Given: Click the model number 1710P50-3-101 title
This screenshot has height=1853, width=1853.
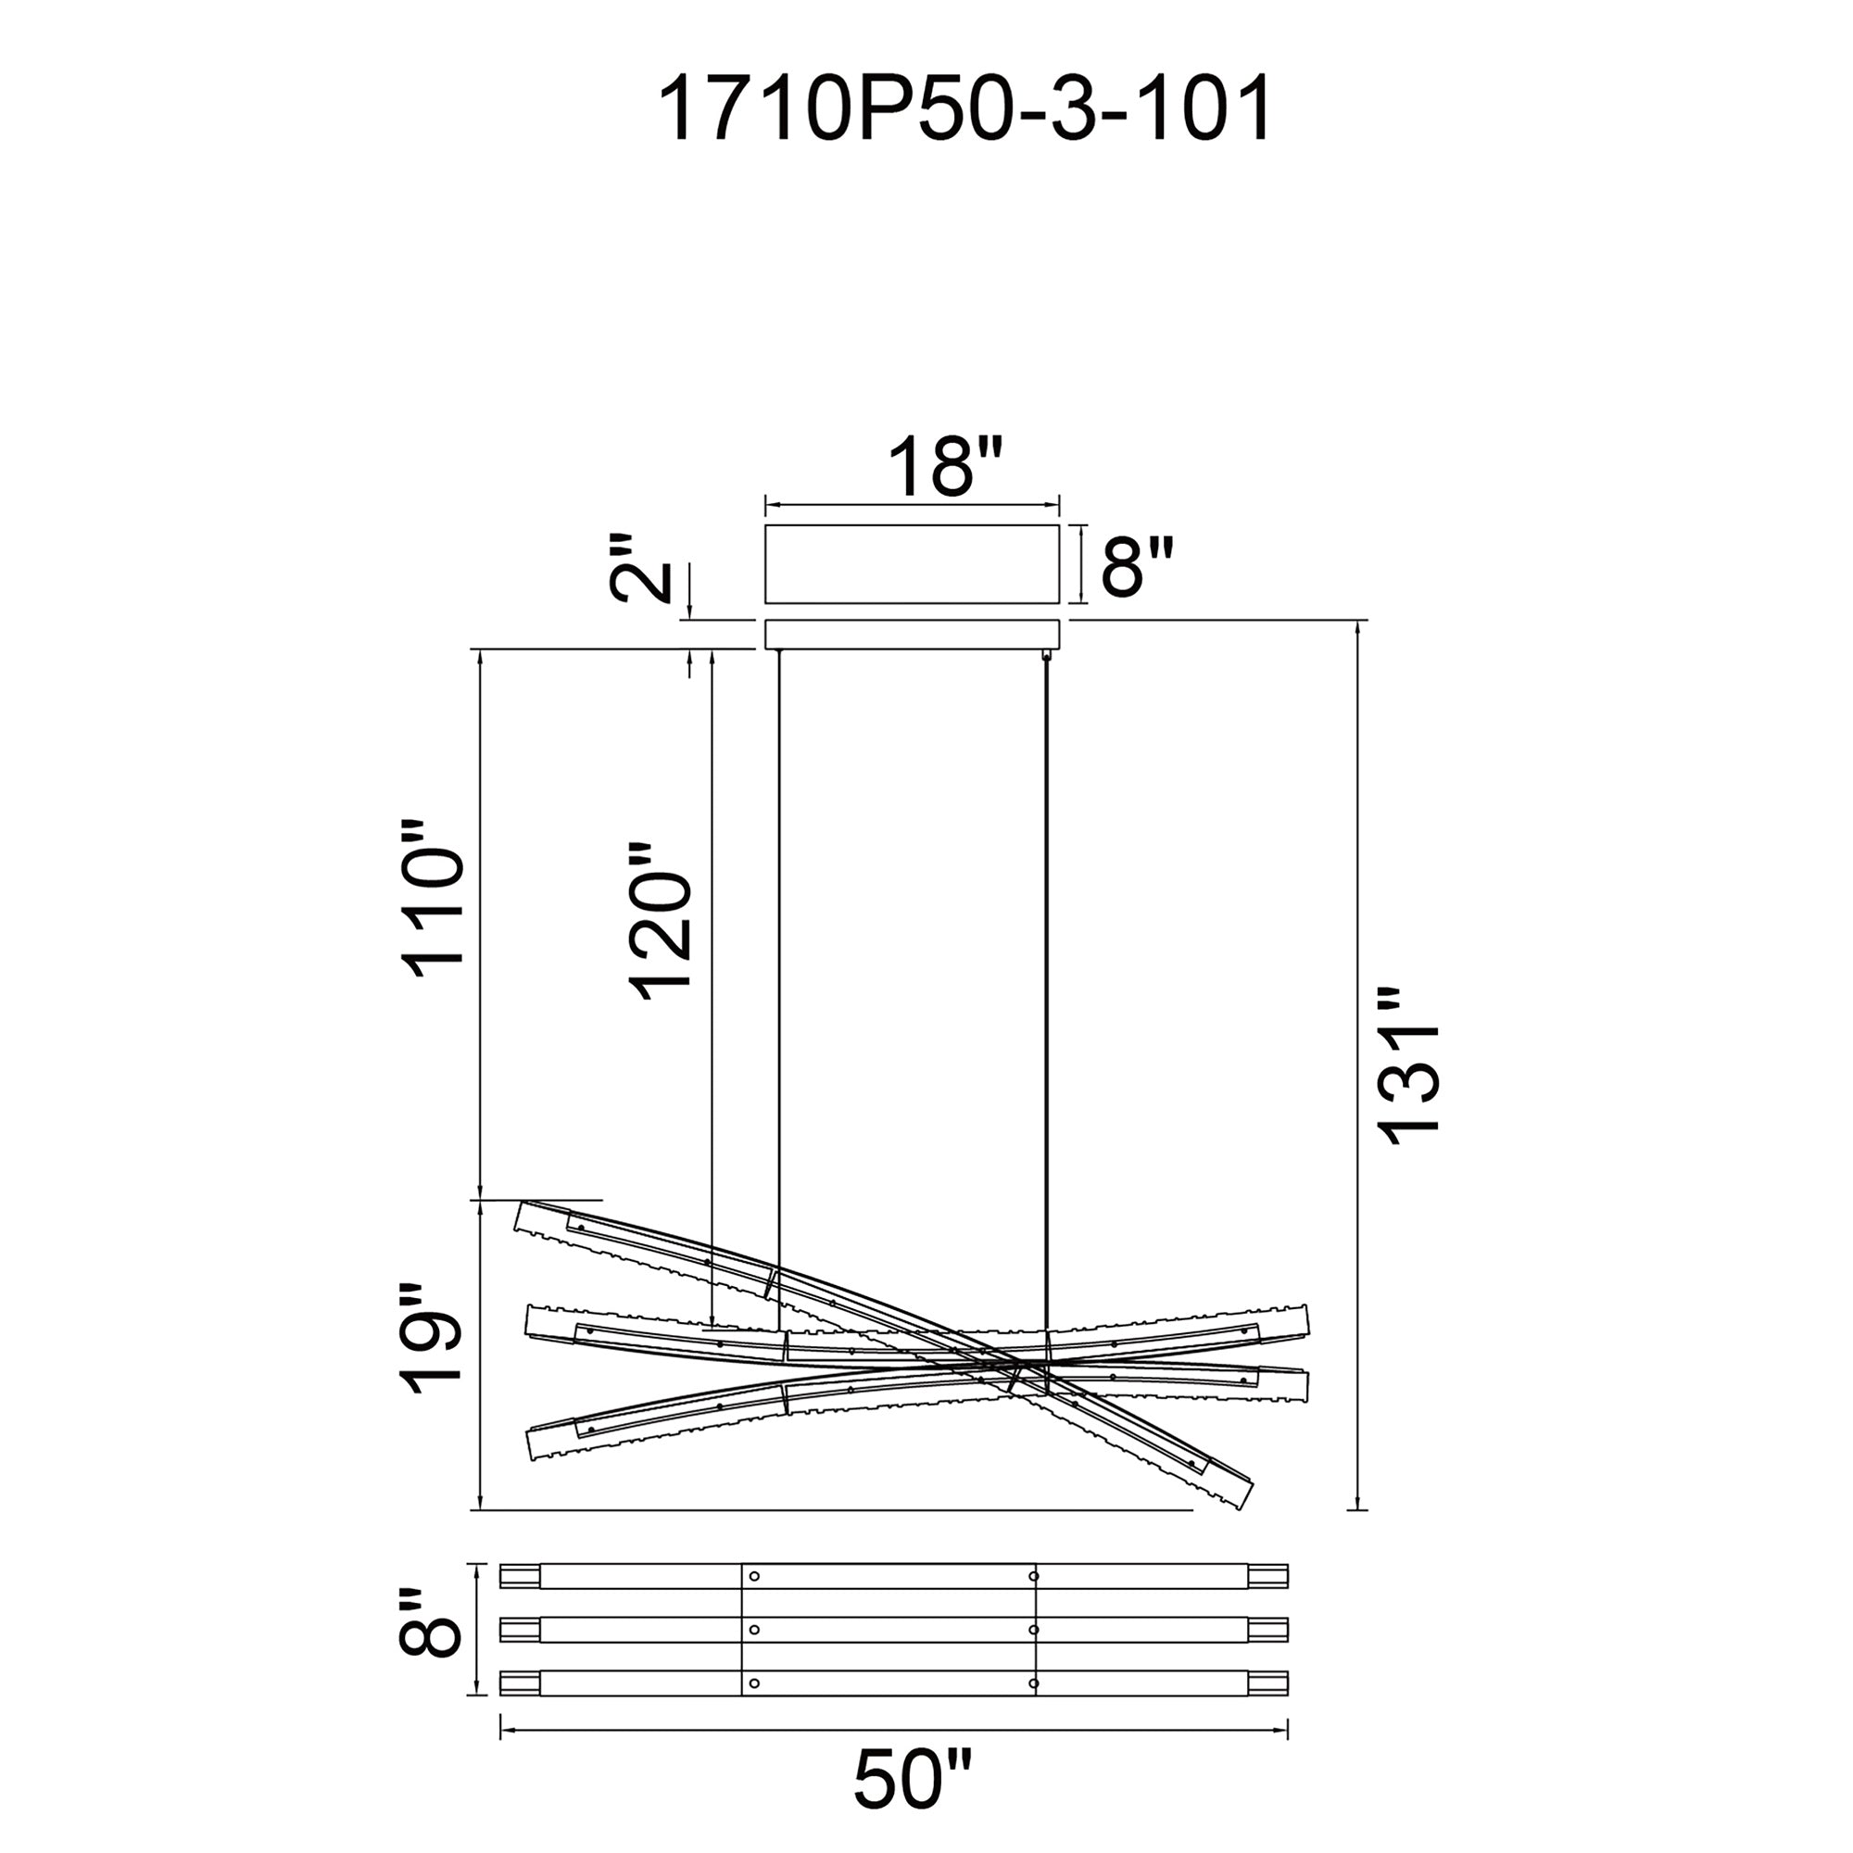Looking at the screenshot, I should pyautogui.click(x=964, y=109).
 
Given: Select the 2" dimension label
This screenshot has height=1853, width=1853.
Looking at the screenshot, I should pyautogui.click(x=641, y=569).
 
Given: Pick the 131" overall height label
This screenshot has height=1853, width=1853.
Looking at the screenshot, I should pyautogui.click(x=1409, y=1065).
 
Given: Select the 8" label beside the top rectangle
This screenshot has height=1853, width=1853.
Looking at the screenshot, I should pyautogui.click(x=1137, y=567).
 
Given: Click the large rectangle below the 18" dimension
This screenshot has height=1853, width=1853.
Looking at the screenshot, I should pyautogui.click(x=911, y=564).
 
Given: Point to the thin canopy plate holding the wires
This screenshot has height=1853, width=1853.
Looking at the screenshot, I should pyautogui.click(x=911, y=634).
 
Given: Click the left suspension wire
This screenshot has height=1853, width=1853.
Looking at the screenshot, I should pyautogui.click(x=778, y=959).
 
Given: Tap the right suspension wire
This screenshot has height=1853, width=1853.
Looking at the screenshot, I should pyautogui.click(x=1045, y=959).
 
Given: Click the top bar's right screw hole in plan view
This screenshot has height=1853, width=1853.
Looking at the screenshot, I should pyautogui.click(x=1033, y=1576).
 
